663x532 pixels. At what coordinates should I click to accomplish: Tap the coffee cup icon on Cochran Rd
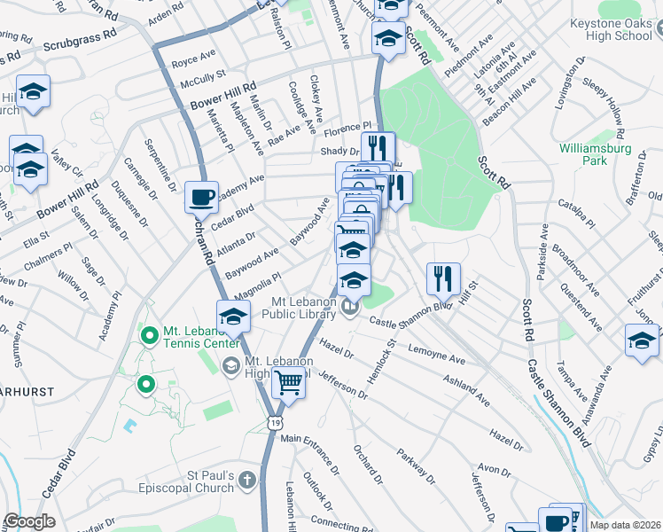click(201, 196)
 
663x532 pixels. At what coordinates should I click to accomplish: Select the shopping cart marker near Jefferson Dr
click(288, 383)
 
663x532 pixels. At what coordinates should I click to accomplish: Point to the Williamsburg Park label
click(594, 155)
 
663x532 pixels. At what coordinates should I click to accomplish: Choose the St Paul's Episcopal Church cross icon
click(247, 481)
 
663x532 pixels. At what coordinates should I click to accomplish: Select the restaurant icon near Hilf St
click(442, 278)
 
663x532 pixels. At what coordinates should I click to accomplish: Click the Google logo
click(30, 520)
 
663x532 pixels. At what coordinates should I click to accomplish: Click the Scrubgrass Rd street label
click(80, 43)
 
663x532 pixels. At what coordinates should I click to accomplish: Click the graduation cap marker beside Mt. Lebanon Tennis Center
click(233, 315)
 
